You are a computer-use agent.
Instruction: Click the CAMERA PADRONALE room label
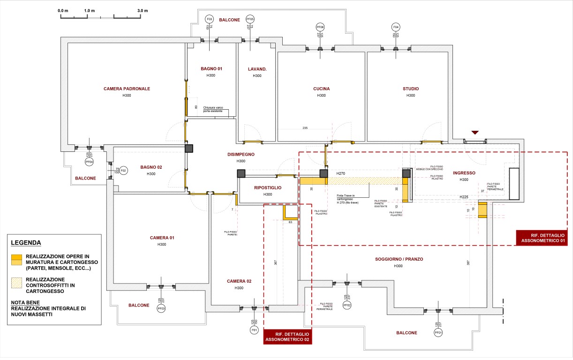pos(127,89)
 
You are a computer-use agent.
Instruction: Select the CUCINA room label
pos(321,89)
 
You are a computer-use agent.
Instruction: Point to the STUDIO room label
pos(411,89)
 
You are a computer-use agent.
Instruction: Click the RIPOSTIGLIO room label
pos(267,187)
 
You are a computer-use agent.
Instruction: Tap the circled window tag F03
pos(210,19)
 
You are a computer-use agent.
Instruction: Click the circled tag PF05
pos(250,19)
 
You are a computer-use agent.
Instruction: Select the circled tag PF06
pos(320,27)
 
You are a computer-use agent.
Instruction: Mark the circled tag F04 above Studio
pos(396,27)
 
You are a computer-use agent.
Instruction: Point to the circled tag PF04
pos(89,162)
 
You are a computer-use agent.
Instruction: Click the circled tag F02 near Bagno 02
pos(123,171)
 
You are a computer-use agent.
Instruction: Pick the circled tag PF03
pos(161,308)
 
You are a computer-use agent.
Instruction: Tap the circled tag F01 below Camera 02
pos(254,330)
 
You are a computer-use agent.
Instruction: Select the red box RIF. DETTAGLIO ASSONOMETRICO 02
pos(287,336)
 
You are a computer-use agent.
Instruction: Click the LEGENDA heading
pos(26,243)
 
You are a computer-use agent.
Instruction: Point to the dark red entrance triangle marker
pos(475,133)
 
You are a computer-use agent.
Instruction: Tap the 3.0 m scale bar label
pos(142,10)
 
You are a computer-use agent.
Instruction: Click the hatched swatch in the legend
pos(17,283)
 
